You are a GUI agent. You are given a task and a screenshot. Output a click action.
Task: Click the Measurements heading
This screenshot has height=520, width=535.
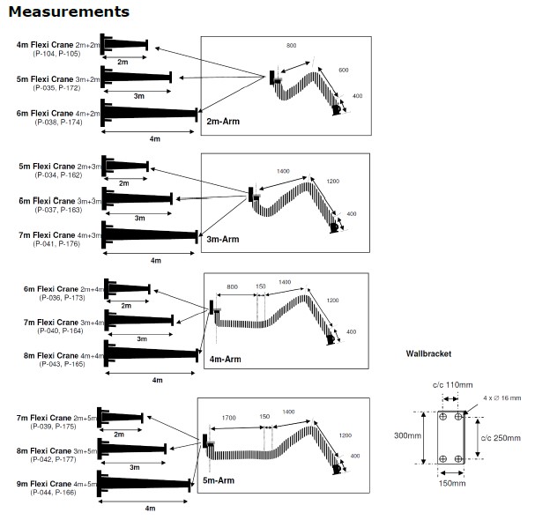(x=69, y=11)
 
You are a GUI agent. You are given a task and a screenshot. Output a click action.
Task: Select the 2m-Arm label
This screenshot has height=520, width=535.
(x=223, y=121)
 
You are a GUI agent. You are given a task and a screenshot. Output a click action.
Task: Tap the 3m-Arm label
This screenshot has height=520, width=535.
(x=223, y=239)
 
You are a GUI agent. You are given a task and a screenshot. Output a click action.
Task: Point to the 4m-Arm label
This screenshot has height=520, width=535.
(x=225, y=359)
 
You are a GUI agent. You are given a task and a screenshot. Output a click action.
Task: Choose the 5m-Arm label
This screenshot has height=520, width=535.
(x=219, y=480)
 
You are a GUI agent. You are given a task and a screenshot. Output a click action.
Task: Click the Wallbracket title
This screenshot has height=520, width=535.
(x=428, y=353)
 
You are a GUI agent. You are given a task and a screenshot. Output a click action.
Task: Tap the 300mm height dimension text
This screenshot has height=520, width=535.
(x=407, y=435)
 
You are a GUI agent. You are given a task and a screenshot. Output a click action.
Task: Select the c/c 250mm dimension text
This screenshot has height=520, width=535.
(x=501, y=438)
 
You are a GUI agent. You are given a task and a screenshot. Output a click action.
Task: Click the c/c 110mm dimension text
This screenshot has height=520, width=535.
(x=452, y=385)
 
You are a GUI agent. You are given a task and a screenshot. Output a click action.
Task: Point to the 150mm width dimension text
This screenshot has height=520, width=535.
(x=452, y=483)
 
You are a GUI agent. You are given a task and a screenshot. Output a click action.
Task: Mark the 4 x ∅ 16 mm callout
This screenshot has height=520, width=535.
(x=502, y=397)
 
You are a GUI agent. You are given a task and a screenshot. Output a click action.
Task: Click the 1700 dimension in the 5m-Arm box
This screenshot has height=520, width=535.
(x=228, y=418)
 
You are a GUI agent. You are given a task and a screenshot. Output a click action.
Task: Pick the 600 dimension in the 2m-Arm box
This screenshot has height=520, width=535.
(x=343, y=70)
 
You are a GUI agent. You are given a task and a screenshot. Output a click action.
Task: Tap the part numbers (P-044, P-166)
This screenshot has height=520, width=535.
(x=53, y=493)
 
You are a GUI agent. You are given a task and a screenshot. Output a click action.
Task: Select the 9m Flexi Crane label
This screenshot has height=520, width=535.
(x=44, y=484)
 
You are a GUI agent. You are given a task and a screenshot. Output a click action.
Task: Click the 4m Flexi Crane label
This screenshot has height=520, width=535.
(x=45, y=45)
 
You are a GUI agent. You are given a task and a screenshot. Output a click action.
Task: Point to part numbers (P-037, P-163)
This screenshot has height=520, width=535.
(x=58, y=210)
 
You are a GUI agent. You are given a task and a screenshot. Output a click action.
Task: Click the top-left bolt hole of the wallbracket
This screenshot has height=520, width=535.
(x=442, y=417)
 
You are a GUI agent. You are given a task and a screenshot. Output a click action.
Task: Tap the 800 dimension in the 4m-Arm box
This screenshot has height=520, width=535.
(x=232, y=287)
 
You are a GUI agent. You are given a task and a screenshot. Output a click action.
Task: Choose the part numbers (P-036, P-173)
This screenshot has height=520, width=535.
(x=62, y=298)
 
